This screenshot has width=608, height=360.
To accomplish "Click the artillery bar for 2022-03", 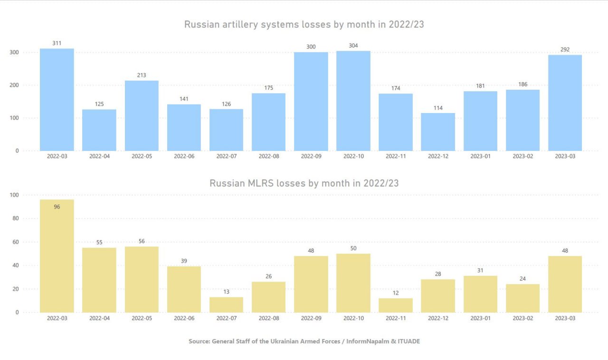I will point(57,100).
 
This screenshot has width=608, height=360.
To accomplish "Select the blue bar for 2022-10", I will point(353,101).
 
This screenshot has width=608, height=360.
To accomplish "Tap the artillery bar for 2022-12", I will point(438,132).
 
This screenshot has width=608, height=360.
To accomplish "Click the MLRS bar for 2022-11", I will point(396,305).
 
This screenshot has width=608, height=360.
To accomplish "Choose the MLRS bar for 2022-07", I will point(226,305).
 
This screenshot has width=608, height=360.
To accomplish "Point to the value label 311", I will point(57,43).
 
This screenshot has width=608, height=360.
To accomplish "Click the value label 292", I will point(565,49).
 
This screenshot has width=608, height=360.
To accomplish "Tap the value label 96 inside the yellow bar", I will point(57,207).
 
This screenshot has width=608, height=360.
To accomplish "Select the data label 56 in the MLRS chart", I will point(142,241).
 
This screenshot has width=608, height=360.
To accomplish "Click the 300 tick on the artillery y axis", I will point(14,52).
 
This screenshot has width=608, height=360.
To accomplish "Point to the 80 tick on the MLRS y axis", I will point(14,218).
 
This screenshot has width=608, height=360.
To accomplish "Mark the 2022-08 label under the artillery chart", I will point(268,156).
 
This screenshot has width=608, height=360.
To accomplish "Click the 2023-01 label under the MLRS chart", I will point(480,318).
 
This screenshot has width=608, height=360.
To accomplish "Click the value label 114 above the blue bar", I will point(438,108).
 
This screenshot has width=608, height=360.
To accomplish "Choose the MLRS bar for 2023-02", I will point(522,298).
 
